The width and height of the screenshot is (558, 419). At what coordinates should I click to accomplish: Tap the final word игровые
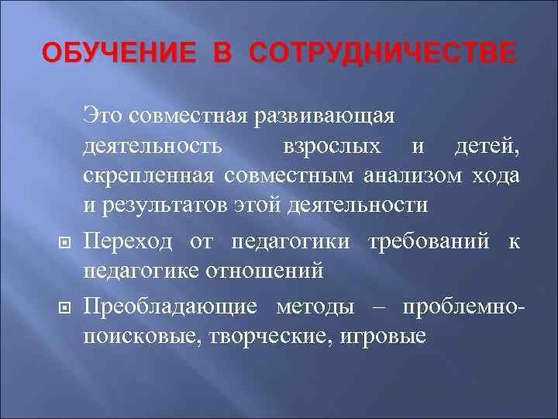384,338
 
